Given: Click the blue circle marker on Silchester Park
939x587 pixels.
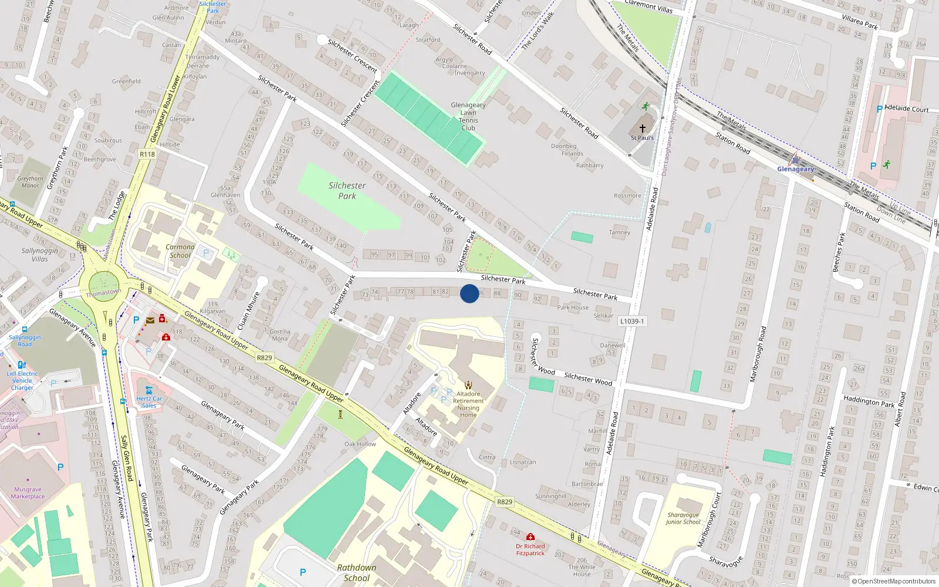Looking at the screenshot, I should (469, 293).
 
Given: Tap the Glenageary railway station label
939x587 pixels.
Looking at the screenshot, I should (795, 169).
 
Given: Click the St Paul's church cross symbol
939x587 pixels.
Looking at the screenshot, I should (642, 128).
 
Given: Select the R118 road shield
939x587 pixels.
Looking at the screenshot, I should (147, 154).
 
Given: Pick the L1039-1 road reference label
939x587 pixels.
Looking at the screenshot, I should (631, 321).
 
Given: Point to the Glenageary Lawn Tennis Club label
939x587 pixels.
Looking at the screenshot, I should (468, 116).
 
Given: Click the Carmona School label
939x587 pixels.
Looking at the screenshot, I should (180, 251).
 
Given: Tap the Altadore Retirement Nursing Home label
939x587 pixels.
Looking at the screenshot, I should (468, 404).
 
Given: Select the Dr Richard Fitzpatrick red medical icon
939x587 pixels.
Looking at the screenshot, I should (531, 537).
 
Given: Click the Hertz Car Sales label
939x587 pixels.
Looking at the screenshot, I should (149, 402).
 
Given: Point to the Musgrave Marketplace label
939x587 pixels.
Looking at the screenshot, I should (28, 492).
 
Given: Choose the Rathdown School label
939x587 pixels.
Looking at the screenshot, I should (356, 572).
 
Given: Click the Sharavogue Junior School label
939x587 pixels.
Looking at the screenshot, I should (683, 518).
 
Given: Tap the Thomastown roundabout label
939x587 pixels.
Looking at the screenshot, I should (103, 292).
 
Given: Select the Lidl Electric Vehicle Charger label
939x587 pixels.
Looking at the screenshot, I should (22, 380).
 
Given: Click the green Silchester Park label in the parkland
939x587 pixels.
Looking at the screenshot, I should (347, 191).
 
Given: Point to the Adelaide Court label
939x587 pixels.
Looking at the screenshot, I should (906, 109).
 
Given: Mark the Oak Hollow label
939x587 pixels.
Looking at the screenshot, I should (360, 444).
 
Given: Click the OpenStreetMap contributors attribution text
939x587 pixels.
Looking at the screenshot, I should (893, 581).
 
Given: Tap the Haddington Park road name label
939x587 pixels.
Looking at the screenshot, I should (869, 402).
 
